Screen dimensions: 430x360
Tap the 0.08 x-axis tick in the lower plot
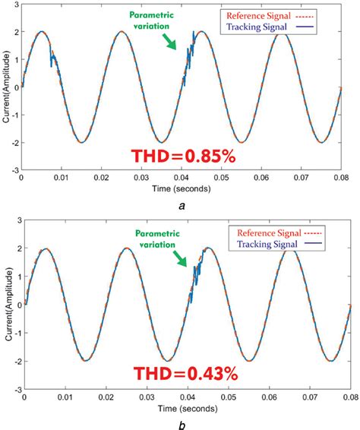click(x=350, y=395)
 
